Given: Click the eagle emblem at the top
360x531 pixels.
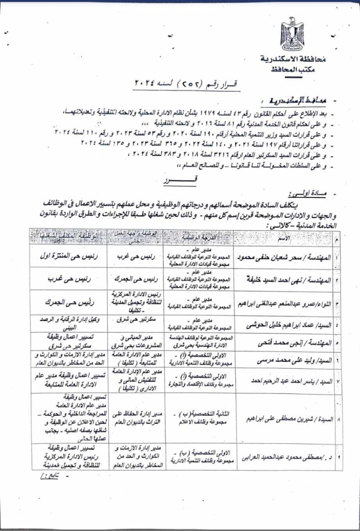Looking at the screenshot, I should [292, 34].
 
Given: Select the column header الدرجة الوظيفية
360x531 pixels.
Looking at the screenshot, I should [198, 238].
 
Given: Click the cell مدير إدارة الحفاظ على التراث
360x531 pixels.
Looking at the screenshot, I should [136, 415].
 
